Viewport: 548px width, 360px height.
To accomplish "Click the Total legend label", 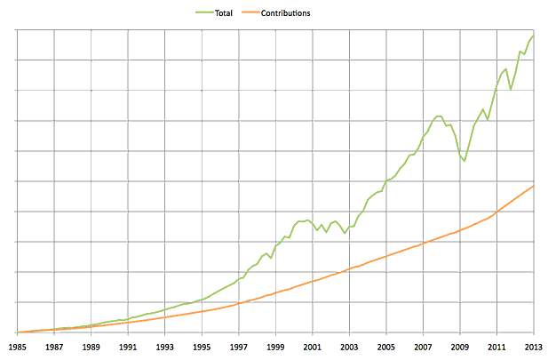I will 223,13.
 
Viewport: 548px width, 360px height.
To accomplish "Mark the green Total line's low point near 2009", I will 464,161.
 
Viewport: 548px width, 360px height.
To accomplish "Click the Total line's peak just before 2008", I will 437,116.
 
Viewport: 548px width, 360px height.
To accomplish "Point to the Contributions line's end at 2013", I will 533,186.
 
